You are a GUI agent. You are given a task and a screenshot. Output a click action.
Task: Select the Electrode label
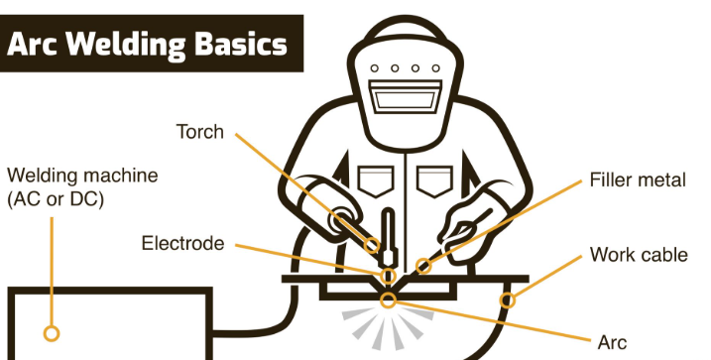(182, 243)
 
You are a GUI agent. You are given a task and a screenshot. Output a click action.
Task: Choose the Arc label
(612, 342)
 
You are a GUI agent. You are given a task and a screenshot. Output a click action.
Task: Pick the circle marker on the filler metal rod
(424, 265)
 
